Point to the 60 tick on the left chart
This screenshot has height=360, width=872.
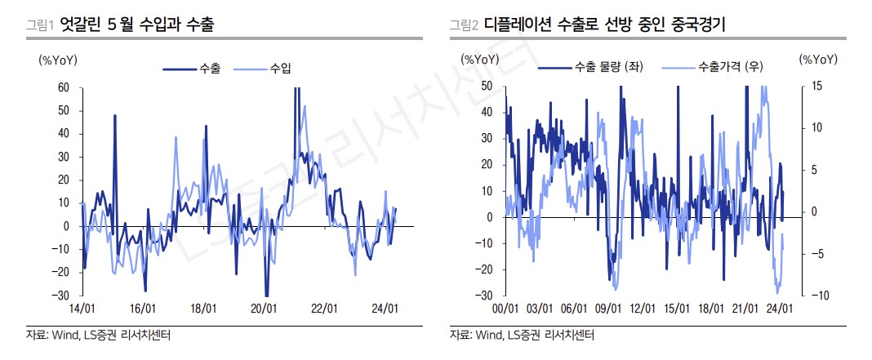coord(63,87)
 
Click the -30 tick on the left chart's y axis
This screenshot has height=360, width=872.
coord(60,295)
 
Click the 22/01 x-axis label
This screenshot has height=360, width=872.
coord(324,309)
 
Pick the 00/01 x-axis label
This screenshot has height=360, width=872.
coord(506,309)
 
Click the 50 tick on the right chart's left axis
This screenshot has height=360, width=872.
coord(487,86)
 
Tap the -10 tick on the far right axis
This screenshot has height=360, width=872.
coord(816,295)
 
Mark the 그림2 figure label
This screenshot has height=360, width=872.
coord(464,26)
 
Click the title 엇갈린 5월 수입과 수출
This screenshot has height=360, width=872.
coord(137,25)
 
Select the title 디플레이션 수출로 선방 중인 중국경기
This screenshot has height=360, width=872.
coord(605,25)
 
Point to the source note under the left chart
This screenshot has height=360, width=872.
coord(90,335)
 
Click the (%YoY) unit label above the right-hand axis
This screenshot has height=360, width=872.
coord(819,59)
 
